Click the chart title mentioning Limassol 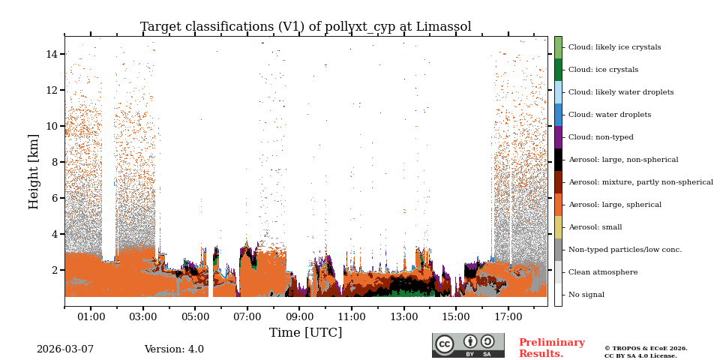[x=305, y=27]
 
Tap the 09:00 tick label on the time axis [x=299, y=317]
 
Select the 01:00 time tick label [x=91, y=317]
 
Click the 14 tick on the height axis [x=52, y=54]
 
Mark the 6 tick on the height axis [x=55, y=198]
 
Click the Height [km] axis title [x=34, y=171]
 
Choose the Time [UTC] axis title [x=305, y=332]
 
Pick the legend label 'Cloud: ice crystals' [x=603, y=70]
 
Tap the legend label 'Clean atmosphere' [x=603, y=272]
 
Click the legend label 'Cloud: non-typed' [x=601, y=137]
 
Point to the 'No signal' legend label [x=586, y=295]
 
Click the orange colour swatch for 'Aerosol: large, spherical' [x=558, y=205]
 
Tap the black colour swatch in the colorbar [x=558, y=160]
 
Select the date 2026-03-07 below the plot [x=65, y=349]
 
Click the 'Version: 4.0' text [x=174, y=349]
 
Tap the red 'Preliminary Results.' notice [x=551, y=348]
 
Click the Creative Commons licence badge [x=468, y=345]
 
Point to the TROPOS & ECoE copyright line [x=646, y=349]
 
